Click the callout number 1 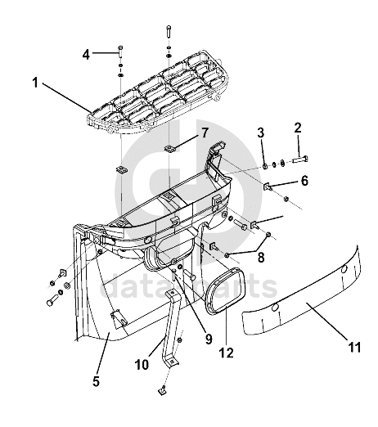[x=35, y=83]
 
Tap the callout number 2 [x=298, y=128]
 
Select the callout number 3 [x=261, y=133]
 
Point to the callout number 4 [x=86, y=55]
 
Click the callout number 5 [x=96, y=381]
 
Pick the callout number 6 [x=304, y=181]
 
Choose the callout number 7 [x=205, y=133]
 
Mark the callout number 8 [x=261, y=257]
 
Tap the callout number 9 [x=209, y=339]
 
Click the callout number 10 [x=142, y=365]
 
